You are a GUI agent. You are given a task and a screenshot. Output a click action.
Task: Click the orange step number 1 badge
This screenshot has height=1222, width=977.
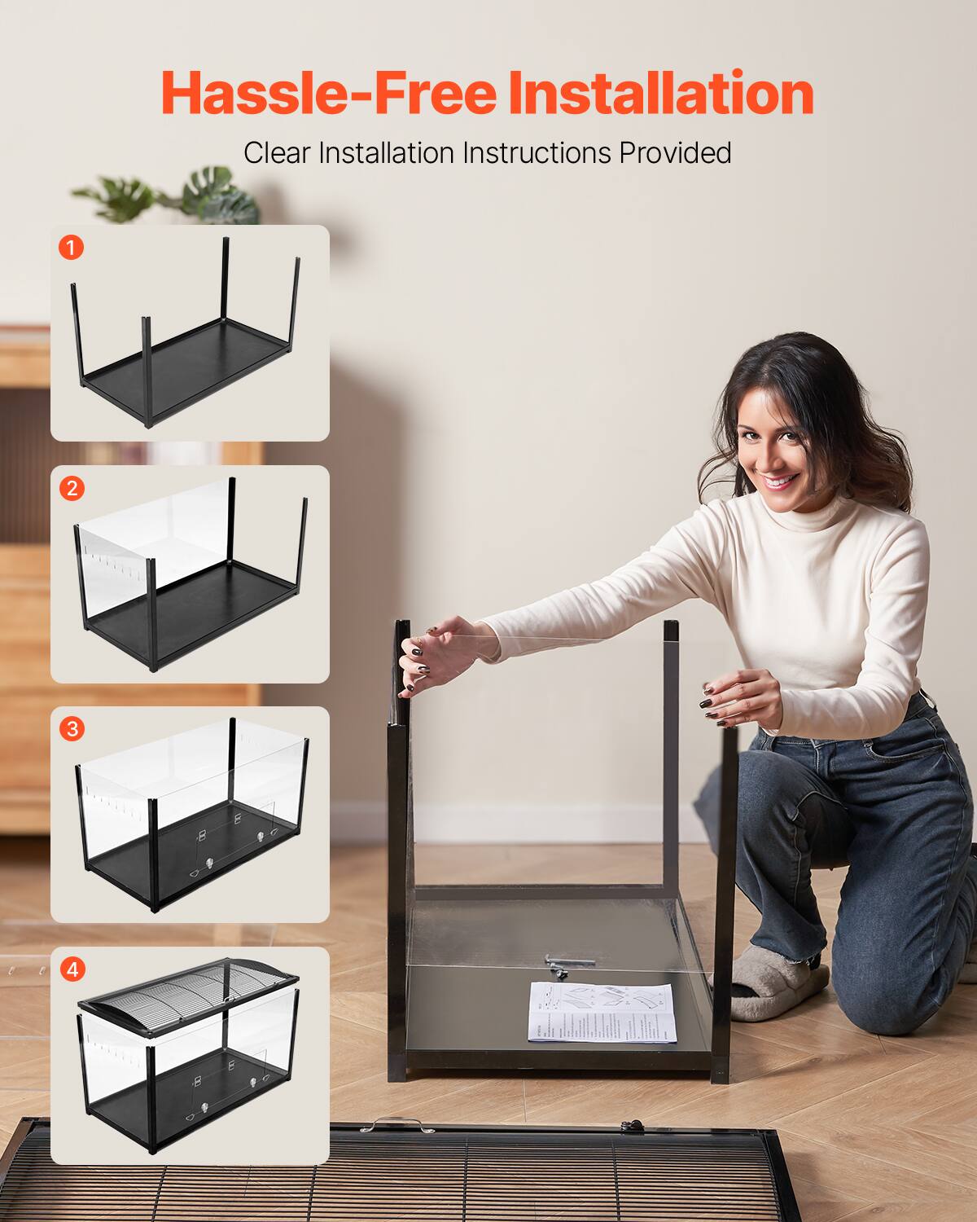pos(72,247)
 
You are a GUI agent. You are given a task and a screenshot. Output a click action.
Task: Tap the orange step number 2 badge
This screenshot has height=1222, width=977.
pos(72,488)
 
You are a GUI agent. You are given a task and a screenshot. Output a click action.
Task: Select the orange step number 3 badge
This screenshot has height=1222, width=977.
pos(72,728)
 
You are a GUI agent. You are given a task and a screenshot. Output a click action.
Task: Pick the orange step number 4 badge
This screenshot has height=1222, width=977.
pos(72,969)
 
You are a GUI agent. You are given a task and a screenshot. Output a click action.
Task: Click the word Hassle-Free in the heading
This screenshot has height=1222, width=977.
pos(328,94)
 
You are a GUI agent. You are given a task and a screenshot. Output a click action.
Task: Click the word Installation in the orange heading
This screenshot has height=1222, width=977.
pos(660,94)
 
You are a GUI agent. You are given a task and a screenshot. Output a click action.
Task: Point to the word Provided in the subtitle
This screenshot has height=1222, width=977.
pos(675,152)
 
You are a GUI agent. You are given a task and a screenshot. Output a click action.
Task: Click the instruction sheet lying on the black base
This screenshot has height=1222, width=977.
pos(602,1012)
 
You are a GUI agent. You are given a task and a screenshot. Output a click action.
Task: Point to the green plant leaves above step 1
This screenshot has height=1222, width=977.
pos(171,196)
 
